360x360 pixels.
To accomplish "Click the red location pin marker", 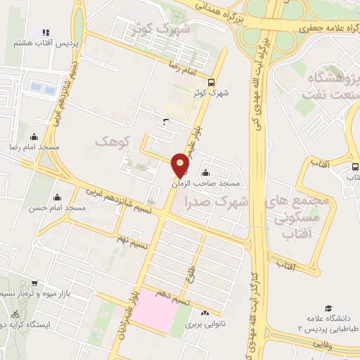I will point(181,166).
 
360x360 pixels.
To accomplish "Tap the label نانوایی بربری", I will point(203,326).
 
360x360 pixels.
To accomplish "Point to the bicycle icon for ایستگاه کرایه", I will point(15,314).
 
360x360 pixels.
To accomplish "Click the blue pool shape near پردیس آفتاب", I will point(35,87).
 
